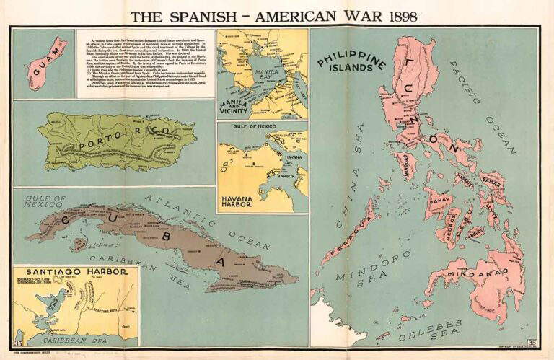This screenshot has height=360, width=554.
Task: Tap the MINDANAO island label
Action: [477, 273]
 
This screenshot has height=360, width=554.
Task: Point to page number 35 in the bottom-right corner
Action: [532, 342]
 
